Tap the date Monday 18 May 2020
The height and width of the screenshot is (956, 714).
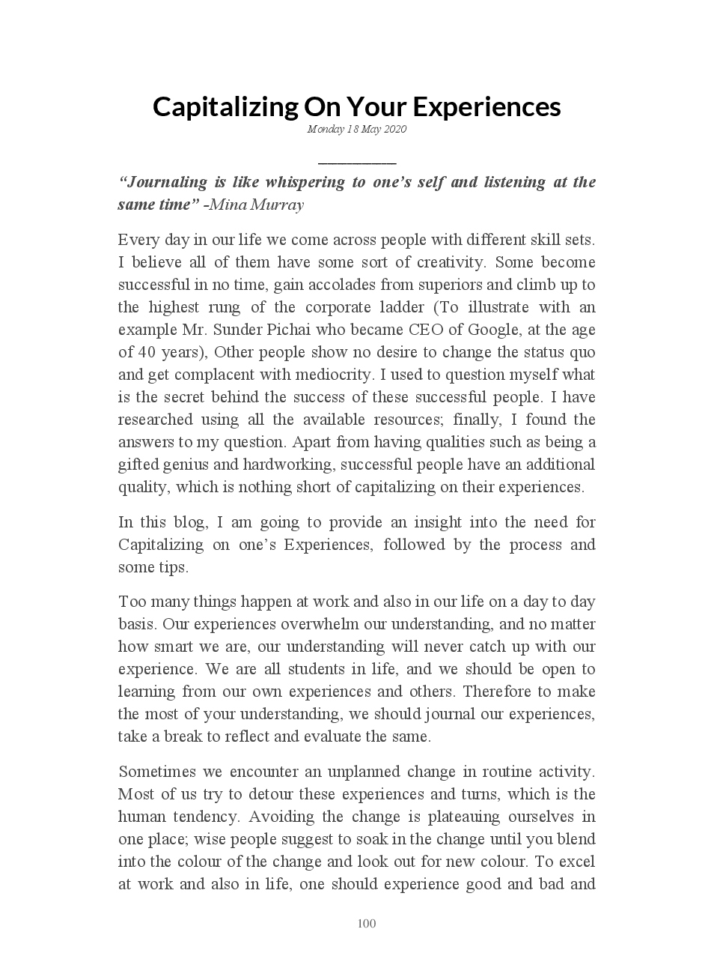356,130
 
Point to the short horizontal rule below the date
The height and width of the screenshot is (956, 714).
356,162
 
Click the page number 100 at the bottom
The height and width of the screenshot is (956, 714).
367,924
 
